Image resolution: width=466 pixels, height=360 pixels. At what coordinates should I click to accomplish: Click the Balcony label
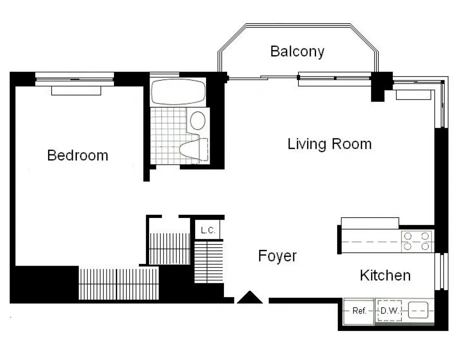coord(297,52)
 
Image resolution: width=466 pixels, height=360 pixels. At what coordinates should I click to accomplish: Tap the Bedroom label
coord(78,155)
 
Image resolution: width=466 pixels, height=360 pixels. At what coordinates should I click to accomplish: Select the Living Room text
coord(329,144)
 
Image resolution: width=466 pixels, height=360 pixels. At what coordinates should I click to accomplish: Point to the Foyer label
coord(277,256)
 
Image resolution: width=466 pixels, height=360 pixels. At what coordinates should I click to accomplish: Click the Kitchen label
coord(385,275)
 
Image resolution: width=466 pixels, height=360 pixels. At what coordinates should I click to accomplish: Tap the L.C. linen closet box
coord(208,230)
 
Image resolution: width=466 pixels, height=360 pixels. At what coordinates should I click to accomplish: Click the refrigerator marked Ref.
coord(359,311)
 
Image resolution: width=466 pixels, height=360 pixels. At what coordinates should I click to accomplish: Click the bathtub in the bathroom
coord(178,92)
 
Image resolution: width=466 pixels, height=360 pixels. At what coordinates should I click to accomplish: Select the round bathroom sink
coord(198,120)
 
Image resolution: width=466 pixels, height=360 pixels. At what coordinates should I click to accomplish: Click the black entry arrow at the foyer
coord(250,298)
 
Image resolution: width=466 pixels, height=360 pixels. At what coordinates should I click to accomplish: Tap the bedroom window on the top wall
coord(75,79)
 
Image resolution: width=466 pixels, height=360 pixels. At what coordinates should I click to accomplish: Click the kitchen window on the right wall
coord(442,271)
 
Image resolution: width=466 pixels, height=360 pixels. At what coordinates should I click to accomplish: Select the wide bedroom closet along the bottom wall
coord(119,284)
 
